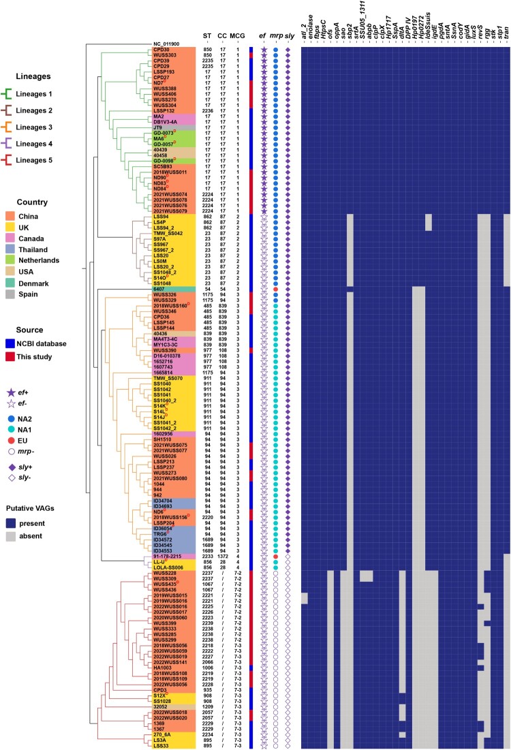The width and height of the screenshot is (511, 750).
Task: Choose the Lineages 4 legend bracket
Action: [10, 144]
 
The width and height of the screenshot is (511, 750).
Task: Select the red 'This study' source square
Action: [11, 356]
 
